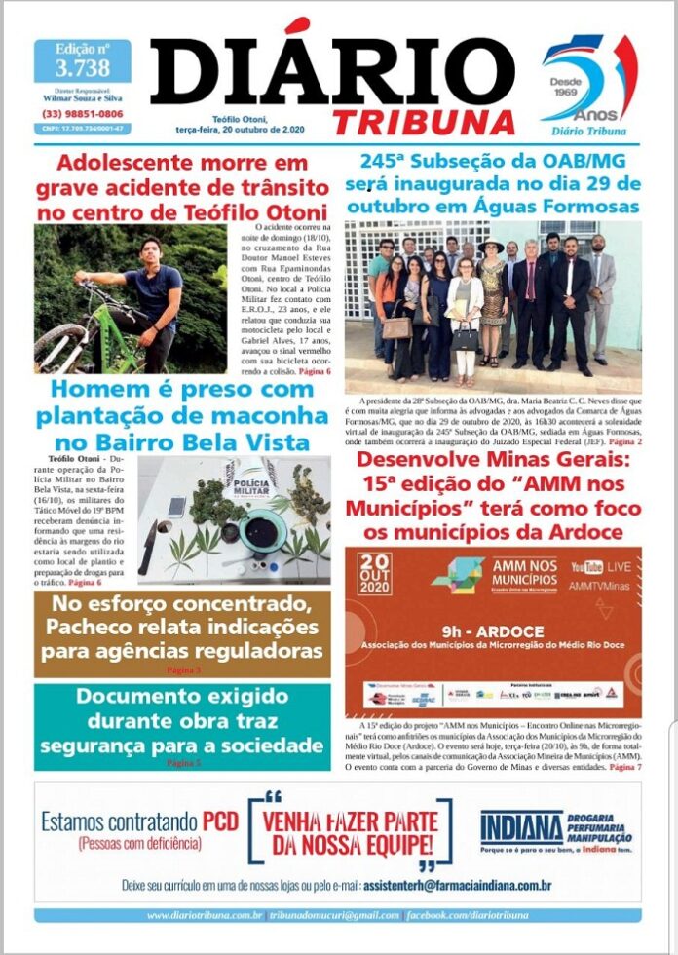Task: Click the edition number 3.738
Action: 83,68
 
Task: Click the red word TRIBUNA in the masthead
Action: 423,121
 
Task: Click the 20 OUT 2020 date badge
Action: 375,574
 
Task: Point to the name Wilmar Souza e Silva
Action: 83,98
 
